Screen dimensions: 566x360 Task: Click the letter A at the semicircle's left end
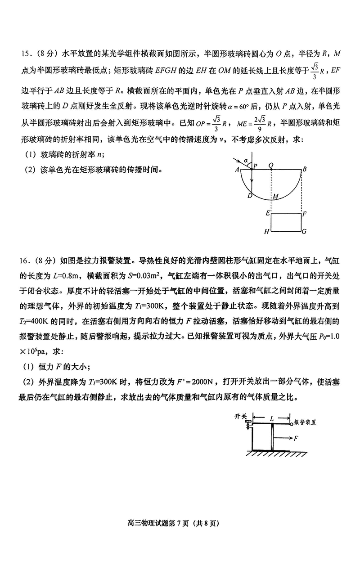tap(237, 170)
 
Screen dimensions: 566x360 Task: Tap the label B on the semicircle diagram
tap(305, 169)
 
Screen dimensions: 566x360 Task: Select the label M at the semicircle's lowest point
tap(275, 197)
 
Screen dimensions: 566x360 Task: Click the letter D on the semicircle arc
tap(249, 195)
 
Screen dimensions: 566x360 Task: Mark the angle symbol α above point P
tap(246, 159)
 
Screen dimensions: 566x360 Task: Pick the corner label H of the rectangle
tap(266, 231)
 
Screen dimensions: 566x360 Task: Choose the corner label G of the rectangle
tap(305, 231)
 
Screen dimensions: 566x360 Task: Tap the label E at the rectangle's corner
tap(267, 213)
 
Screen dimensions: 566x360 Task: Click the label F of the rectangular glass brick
tap(305, 213)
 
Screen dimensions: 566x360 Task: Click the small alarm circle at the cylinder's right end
tap(291, 423)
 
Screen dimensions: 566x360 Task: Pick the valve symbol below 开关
tap(248, 424)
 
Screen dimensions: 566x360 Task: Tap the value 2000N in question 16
tap(205, 382)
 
